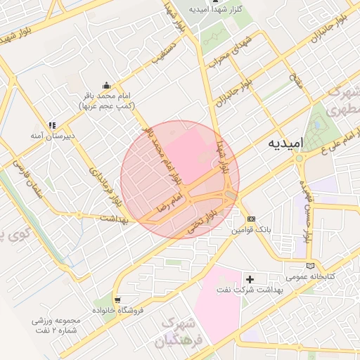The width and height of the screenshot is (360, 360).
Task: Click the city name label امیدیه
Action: [x=286, y=143]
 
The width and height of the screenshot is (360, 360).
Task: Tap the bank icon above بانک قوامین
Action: [x=251, y=219]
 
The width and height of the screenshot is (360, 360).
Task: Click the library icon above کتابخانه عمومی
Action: [x=311, y=266]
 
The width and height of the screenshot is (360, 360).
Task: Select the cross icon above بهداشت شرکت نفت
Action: [x=250, y=279]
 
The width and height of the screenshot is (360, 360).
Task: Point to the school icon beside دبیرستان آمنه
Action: [x=51, y=125]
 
